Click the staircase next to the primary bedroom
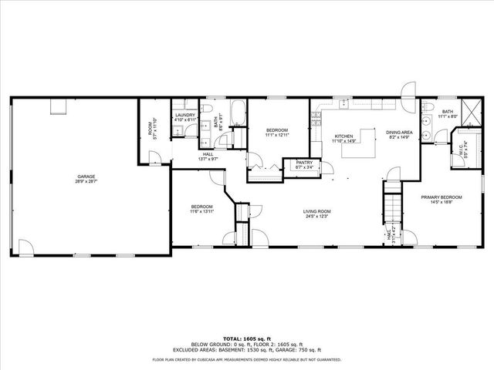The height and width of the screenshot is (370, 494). [393, 205]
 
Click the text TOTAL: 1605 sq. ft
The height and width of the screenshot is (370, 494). [246, 338]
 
